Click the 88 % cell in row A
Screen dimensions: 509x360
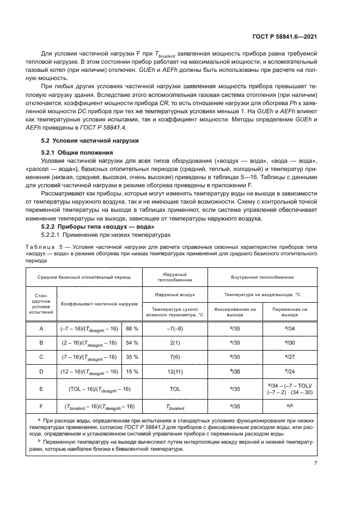point(132,329)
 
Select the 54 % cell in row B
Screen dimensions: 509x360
point(132,343)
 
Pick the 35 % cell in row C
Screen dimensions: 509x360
point(132,357)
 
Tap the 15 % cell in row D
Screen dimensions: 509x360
point(132,371)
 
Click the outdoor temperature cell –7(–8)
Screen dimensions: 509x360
point(175,329)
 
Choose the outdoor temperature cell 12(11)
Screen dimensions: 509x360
point(175,371)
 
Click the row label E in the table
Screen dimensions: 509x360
point(41,389)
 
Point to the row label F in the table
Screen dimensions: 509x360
point(41,406)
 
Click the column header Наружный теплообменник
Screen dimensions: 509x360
point(175,277)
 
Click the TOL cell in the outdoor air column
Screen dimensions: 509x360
point(175,389)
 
